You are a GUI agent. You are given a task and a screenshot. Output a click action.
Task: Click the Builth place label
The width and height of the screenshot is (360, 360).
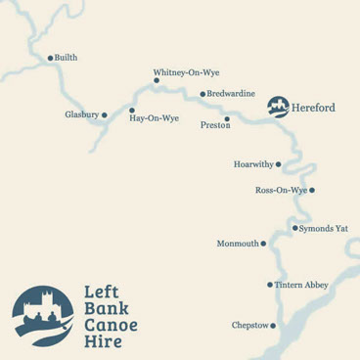(x=66, y=58)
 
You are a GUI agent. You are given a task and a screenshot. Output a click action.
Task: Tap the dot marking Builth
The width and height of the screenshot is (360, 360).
(x=50, y=58)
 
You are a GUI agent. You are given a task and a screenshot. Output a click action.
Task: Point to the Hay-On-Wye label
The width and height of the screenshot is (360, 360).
(x=155, y=118)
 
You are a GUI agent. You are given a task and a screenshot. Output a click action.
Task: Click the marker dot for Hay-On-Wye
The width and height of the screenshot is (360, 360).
(x=132, y=111)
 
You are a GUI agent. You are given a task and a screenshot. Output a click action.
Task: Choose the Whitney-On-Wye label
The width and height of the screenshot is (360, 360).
(x=186, y=72)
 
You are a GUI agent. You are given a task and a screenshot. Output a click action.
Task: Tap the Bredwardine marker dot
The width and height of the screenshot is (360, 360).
(x=202, y=94)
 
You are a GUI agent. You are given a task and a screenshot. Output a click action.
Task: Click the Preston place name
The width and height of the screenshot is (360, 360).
(x=214, y=125)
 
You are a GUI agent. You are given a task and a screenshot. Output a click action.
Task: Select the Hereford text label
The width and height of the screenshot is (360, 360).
(x=313, y=108)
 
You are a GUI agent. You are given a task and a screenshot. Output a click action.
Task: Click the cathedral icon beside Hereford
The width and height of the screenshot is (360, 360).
(x=278, y=107)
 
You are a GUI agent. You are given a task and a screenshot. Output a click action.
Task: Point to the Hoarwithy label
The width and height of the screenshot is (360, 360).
(x=252, y=164)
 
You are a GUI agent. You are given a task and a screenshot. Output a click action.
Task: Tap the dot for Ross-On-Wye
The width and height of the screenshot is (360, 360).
(x=312, y=190)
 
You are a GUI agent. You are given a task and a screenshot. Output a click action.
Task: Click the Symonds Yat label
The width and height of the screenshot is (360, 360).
(x=323, y=228)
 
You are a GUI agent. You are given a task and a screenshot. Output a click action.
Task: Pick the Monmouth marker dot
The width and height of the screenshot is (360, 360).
(x=263, y=244)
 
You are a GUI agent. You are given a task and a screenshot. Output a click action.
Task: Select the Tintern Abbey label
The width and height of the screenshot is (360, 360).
(x=301, y=285)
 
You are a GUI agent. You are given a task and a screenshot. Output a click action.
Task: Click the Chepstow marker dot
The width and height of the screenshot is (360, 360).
(x=273, y=326)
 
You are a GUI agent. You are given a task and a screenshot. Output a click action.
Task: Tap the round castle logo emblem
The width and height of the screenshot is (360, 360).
(x=43, y=316)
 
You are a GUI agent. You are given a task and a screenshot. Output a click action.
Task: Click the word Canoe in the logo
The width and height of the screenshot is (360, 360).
(x=111, y=326)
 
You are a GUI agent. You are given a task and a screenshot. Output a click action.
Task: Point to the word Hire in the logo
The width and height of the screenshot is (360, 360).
(x=101, y=343)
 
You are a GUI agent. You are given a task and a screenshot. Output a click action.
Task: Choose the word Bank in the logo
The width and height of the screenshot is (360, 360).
(x=103, y=308)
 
